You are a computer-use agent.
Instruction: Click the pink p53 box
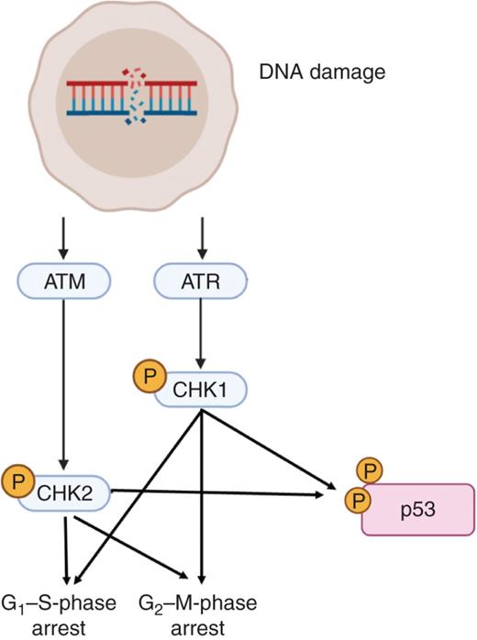417,508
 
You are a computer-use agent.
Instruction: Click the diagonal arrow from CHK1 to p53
266,448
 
